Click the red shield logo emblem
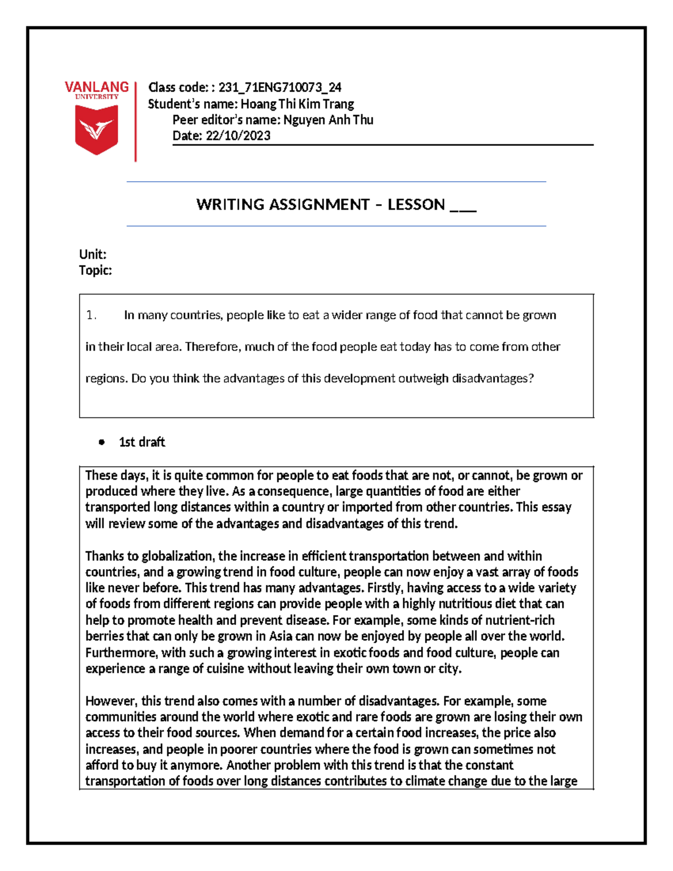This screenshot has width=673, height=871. (x=96, y=130)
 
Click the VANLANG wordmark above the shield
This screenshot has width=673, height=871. (x=96, y=87)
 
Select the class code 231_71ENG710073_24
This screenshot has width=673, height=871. (x=279, y=87)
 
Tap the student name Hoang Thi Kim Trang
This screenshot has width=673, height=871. (x=297, y=104)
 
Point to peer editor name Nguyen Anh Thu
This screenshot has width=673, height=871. (x=328, y=119)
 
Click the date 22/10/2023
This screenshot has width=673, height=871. (x=238, y=136)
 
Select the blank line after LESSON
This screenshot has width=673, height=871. (x=463, y=206)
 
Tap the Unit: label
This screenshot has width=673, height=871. (x=93, y=254)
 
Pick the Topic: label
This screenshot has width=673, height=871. (x=95, y=270)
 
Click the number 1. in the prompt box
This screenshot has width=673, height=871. (x=91, y=315)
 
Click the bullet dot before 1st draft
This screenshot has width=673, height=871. (x=102, y=442)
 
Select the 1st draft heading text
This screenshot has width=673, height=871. (x=142, y=442)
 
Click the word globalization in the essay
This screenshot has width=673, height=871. (x=177, y=556)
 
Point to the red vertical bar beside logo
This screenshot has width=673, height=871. (x=135, y=121)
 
